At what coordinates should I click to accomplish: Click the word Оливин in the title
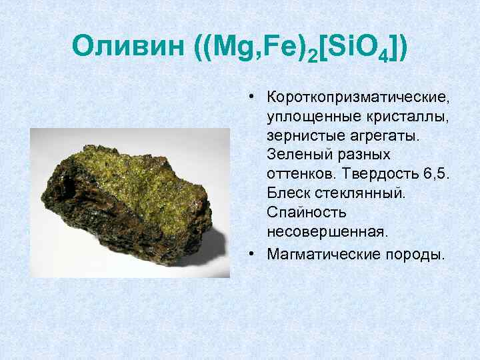coord(126,47)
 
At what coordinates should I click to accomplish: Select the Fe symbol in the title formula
coord(273,47)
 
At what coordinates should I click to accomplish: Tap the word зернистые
coord(301,136)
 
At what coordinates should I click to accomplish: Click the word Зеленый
coord(296,155)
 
